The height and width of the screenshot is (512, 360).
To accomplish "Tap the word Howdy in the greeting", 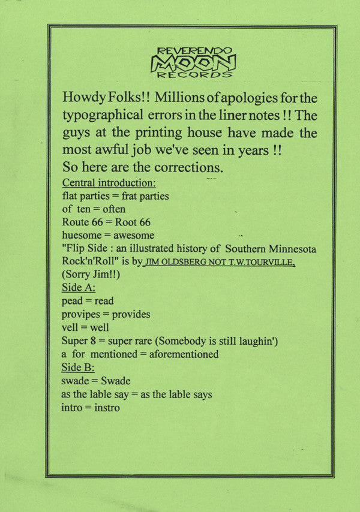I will [82, 97].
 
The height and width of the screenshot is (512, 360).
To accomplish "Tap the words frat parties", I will [149, 195].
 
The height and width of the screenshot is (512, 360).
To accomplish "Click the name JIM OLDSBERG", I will [174, 262].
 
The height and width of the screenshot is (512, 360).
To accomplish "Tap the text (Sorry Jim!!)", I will [91, 275].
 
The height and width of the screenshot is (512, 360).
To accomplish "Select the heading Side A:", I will [78, 288].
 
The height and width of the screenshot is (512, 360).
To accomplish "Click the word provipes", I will [82, 314].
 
